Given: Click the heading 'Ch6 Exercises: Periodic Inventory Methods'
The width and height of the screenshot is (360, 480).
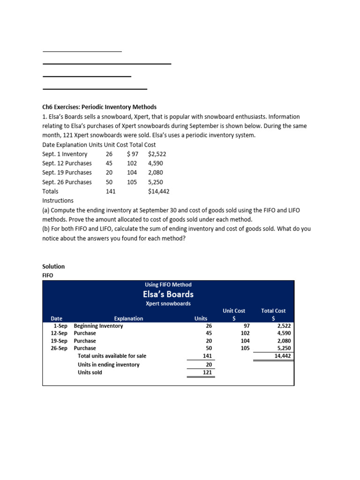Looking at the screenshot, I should pos(99,107).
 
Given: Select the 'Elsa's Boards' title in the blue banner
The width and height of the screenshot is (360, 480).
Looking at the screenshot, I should pos(168,294).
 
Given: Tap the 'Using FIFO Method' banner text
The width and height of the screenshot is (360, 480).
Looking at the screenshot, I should pos(168,285).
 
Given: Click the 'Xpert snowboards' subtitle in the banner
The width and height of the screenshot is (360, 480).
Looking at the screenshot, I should pos(168,304).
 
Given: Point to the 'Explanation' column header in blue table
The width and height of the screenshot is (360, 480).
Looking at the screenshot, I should pos(128,319).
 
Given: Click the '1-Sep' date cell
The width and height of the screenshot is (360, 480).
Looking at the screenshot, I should pos(61,326).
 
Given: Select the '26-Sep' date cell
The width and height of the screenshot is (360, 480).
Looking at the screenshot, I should pos(60,348).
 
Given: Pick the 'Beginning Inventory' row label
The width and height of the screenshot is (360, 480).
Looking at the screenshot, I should pos(98,326).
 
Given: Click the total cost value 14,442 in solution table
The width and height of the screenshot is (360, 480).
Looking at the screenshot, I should pos(281,356).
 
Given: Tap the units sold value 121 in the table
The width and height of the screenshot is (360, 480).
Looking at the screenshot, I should pos(206,373).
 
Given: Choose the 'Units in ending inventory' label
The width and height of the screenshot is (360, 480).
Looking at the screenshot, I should pos(108,365).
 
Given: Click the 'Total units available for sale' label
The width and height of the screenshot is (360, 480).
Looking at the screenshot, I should pos(112,356).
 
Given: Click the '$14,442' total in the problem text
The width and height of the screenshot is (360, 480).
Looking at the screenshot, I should pos(158,192).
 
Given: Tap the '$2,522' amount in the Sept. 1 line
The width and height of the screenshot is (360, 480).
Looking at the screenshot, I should pos(157,154).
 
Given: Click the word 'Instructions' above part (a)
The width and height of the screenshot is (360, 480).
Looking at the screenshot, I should pos(58,201).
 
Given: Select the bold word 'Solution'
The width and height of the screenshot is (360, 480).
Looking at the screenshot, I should pos(53,267).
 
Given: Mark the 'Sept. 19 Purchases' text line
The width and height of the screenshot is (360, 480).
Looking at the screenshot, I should pos(67,173).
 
